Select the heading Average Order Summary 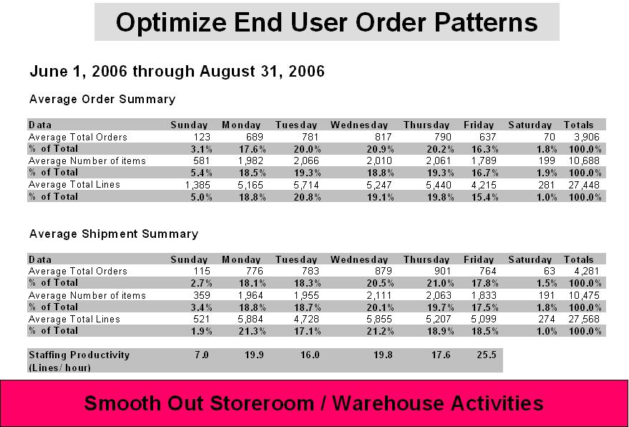(102, 99)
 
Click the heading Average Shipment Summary (114, 234)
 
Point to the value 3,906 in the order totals (587, 137)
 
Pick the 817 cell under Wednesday (383, 137)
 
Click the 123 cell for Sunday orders (202, 137)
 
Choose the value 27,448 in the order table (584, 185)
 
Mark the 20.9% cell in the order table (380, 149)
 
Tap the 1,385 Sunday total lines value (198, 185)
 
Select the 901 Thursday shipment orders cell (443, 271)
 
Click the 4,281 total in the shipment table (587, 271)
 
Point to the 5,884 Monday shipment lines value (250, 319)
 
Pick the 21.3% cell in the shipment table (253, 331)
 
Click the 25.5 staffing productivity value (487, 355)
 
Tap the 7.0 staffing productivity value (202, 355)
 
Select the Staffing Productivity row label (79, 360)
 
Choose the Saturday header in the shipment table (530, 259)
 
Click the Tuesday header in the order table (296, 125)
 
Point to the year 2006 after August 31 (306, 72)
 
